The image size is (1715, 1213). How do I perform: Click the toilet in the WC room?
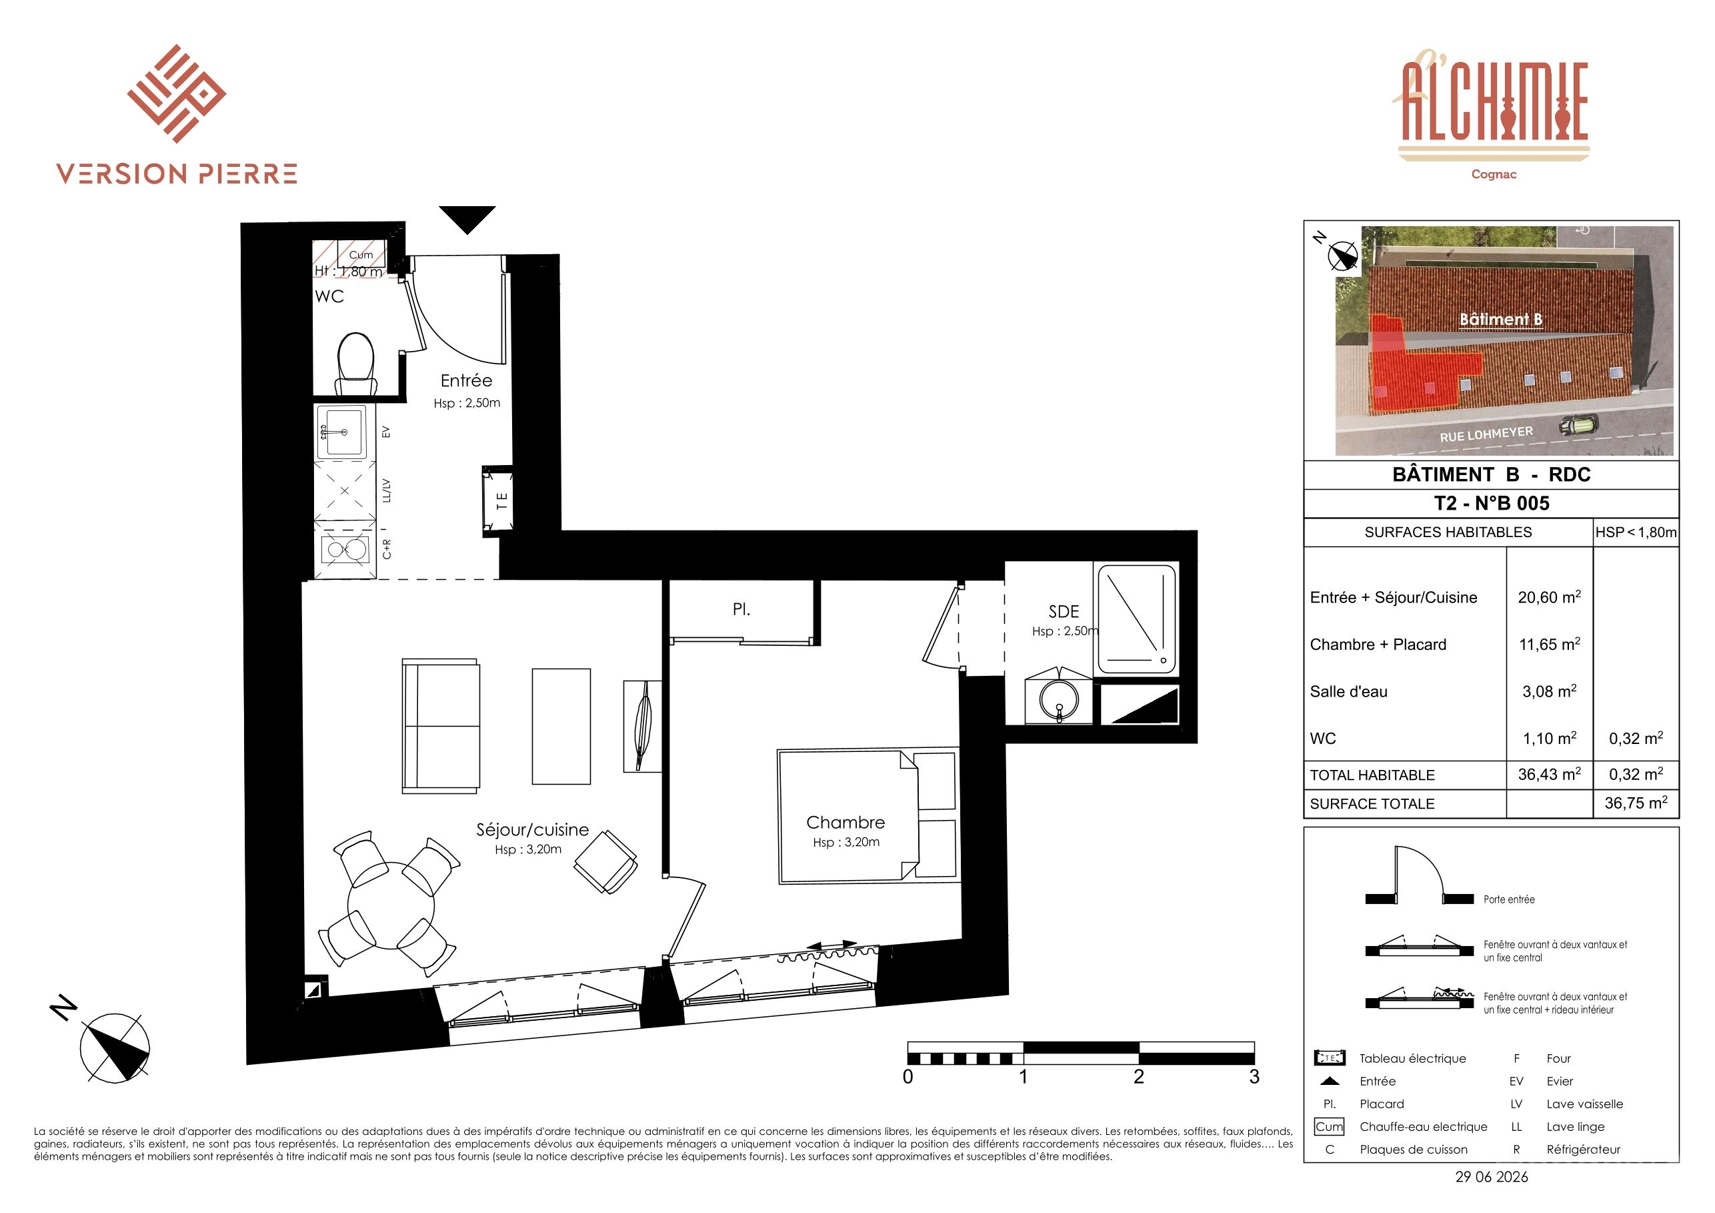click(356, 364)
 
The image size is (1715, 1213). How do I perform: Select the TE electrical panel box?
click(497, 500)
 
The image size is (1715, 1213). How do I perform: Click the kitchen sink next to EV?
click(341, 432)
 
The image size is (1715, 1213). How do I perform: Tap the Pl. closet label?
click(741, 610)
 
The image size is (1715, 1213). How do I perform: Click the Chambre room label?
click(845, 822)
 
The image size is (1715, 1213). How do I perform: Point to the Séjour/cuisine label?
click(533, 829)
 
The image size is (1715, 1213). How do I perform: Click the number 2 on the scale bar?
click(1138, 1077)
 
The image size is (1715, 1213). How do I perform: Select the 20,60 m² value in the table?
click(1549, 596)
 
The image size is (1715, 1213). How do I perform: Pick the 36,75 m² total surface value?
click(1636, 803)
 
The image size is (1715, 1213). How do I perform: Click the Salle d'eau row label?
click(1348, 691)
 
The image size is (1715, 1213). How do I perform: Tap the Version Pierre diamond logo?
click(177, 93)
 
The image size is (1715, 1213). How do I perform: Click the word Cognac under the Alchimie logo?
click(1494, 174)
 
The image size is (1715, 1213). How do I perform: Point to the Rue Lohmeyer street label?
click(1486, 434)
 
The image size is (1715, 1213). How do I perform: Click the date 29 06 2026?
click(1492, 1177)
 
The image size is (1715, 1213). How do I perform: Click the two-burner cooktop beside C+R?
click(345, 550)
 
